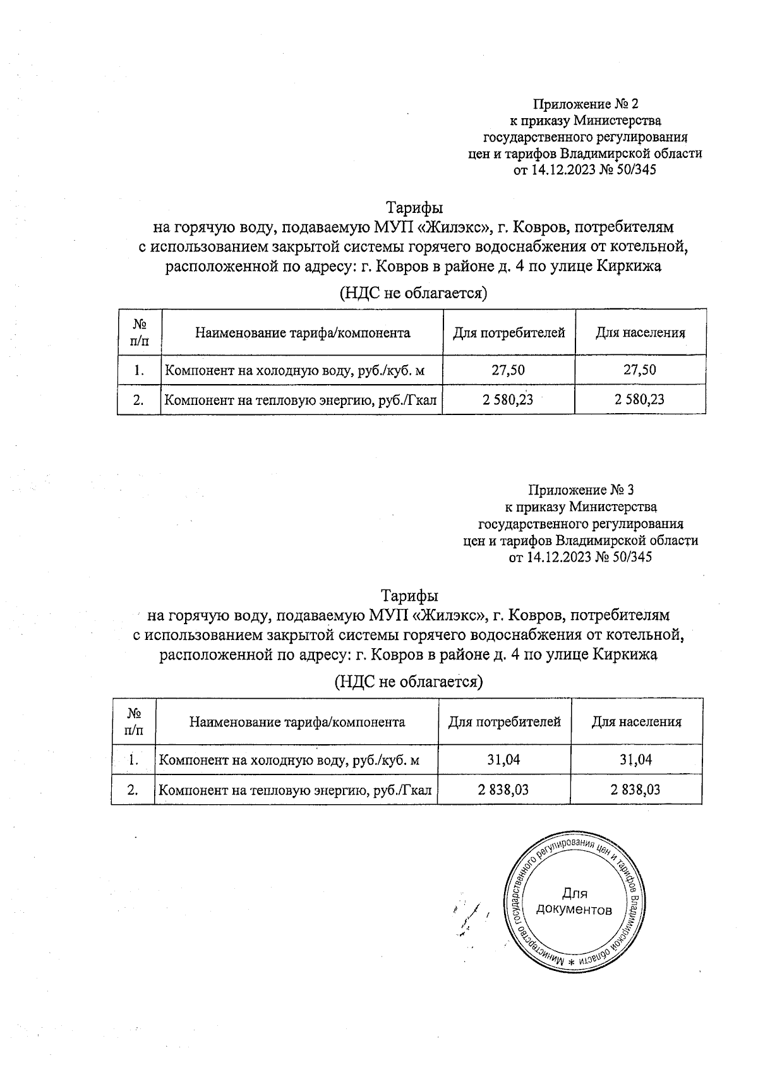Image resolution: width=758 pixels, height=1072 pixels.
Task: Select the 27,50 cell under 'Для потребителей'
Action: point(508,370)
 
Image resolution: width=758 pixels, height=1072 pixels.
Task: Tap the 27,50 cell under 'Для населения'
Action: point(639,370)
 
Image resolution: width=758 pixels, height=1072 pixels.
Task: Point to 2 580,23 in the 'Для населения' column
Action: point(639,399)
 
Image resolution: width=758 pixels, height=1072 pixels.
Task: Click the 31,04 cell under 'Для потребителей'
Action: point(503,759)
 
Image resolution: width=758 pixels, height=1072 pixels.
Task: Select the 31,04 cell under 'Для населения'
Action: point(635,759)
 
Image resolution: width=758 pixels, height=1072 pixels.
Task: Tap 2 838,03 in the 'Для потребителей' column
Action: point(503,789)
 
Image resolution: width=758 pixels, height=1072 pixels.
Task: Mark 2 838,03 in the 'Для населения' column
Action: point(635,789)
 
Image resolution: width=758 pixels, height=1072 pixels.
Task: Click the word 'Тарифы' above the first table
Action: point(414,208)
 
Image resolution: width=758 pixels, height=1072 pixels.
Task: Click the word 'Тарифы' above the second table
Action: point(409,596)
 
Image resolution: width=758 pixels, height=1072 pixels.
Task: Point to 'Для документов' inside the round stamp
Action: point(574,901)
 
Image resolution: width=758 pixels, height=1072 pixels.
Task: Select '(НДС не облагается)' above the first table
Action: point(414,293)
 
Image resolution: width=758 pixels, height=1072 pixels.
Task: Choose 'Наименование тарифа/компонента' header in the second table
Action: point(297,721)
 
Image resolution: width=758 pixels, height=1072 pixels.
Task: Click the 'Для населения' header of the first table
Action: point(640,332)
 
